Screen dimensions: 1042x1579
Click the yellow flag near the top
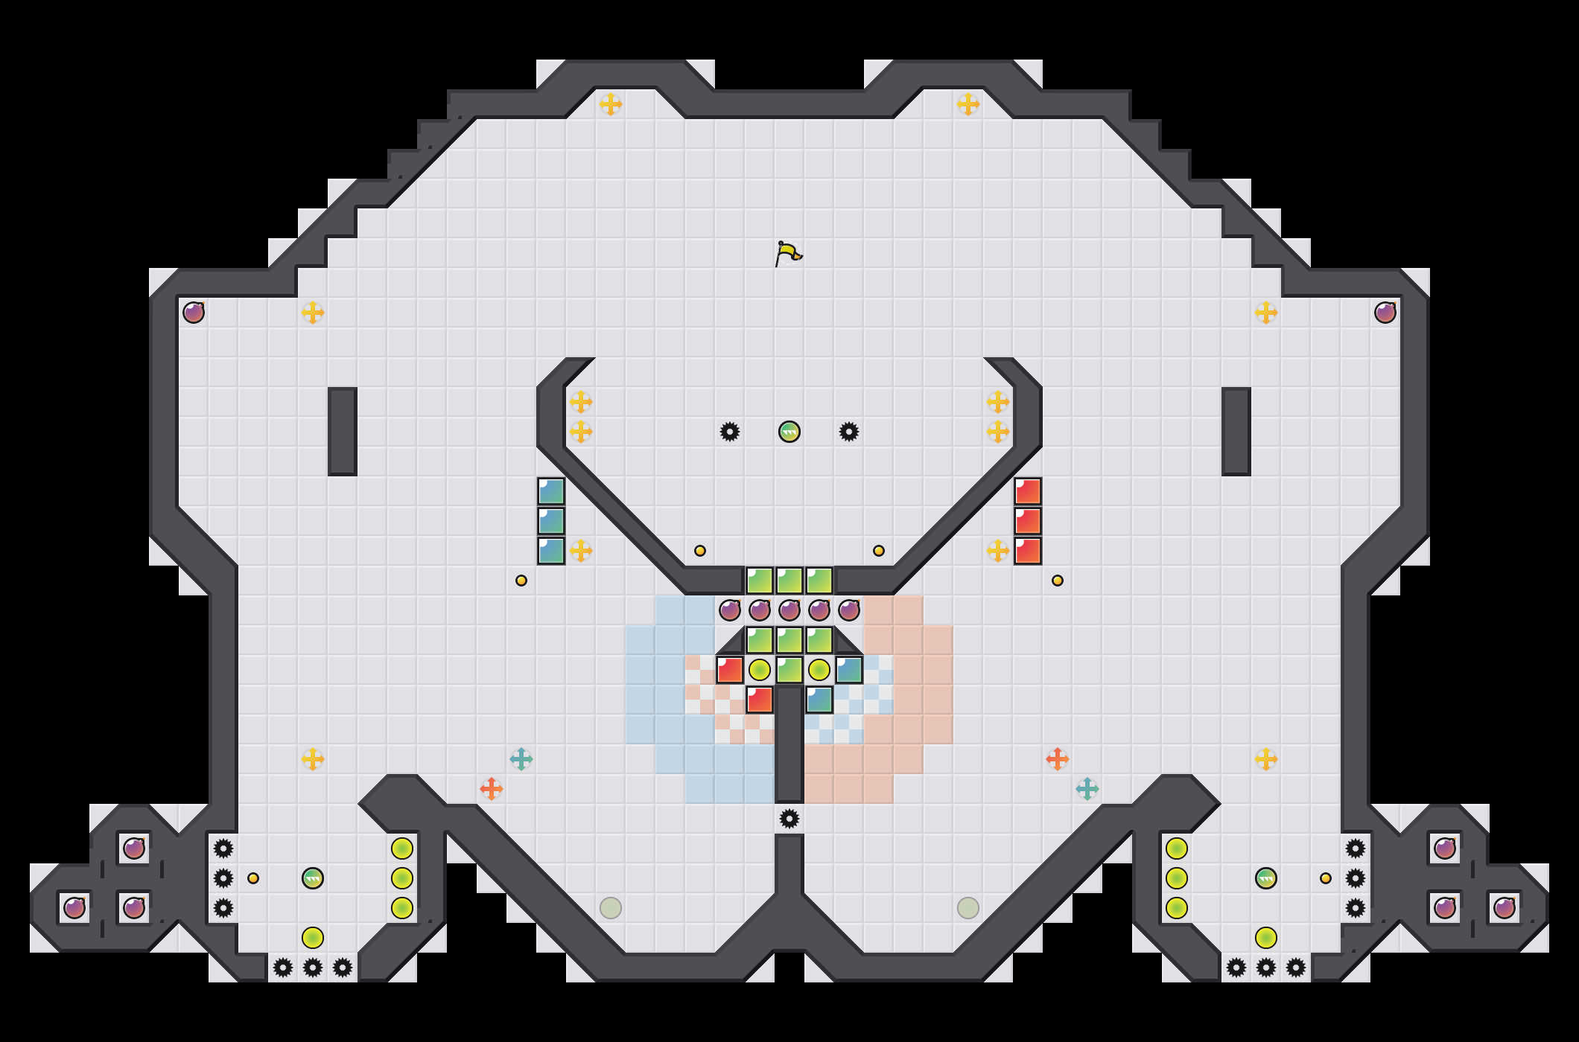click(x=787, y=253)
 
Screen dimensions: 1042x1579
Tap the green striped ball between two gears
click(x=789, y=432)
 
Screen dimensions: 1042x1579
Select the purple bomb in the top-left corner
click(x=194, y=313)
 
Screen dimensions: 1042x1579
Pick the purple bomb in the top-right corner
click(x=1385, y=313)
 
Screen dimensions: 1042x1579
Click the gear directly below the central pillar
click(x=789, y=819)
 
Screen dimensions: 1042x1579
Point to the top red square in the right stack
click(x=1028, y=491)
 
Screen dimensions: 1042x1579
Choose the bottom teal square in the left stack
click(x=551, y=551)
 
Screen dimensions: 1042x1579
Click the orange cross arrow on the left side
click(x=492, y=789)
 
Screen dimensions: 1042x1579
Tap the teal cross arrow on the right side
click(x=1087, y=789)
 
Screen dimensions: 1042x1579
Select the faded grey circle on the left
click(x=611, y=908)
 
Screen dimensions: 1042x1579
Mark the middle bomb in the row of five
click(x=789, y=610)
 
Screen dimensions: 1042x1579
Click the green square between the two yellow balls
click(x=789, y=670)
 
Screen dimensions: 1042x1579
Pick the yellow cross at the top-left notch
click(x=611, y=104)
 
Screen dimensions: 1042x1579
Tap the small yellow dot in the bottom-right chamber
click(x=1326, y=878)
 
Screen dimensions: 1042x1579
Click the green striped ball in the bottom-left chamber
click(x=313, y=878)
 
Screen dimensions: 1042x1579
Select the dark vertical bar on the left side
click(x=343, y=432)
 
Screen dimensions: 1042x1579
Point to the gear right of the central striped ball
click(x=849, y=432)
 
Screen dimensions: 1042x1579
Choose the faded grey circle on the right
click(x=968, y=908)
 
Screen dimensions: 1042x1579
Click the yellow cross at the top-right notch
click(x=968, y=104)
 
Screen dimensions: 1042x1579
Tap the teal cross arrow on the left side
click(x=521, y=759)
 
